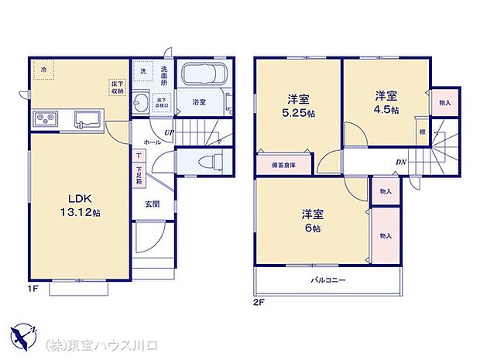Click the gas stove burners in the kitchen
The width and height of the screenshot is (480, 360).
click(45, 119)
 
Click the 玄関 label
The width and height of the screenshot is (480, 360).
click(152, 204)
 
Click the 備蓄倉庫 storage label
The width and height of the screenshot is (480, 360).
click(283, 166)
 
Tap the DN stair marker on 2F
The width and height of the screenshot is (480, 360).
click(401, 162)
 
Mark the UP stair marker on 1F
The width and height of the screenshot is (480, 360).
click(169, 132)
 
